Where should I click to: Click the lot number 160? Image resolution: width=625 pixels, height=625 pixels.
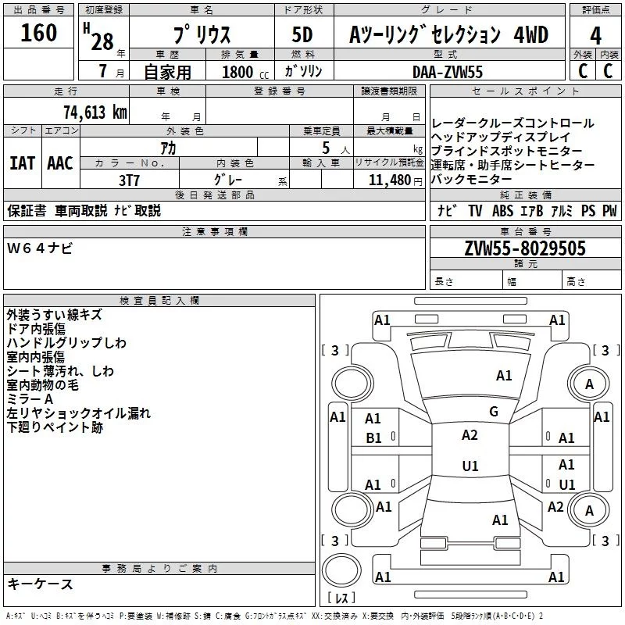coord(39,34)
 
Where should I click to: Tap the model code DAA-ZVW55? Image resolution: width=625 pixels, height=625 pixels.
coord(448,71)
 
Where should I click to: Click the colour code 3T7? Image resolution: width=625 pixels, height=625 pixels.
coord(130,180)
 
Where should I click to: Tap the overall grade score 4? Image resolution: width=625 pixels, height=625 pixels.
coord(596,34)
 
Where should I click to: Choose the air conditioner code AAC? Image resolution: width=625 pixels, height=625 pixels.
coord(60,163)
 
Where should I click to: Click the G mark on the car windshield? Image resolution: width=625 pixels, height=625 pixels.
coord(493,412)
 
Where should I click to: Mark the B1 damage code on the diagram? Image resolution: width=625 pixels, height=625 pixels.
coord(374,438)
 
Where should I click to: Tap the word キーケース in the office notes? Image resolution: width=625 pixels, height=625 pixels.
coord(41,584)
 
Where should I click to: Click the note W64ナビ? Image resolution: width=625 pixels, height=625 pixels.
coord(41,248)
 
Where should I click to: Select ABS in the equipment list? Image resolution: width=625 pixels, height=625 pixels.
coord(504,211)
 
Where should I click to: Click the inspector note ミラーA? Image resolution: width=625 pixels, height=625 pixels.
coord(30,399)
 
